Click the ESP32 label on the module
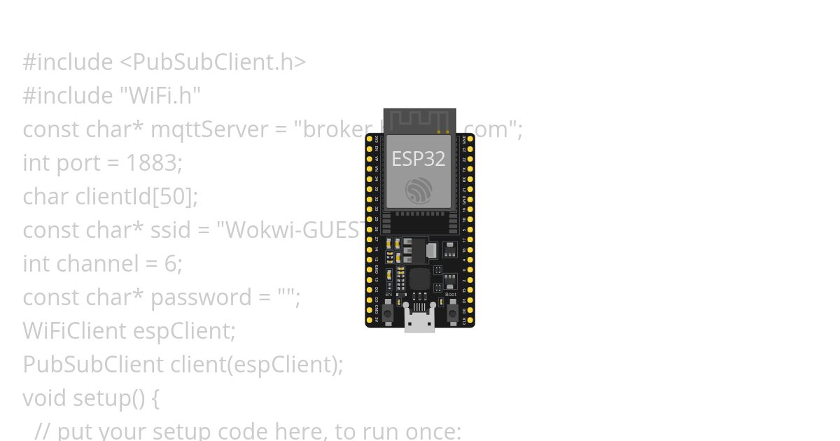(x=418, y=159)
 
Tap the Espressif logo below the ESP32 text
(x=419, y=190)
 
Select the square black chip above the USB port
(x=419, y=279)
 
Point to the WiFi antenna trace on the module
(x=419, y=120)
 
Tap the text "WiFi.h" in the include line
(x=164, y=96)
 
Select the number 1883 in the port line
(x=150, y=163)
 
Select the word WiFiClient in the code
(x=74, y=331)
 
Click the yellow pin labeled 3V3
(x=370, y=139)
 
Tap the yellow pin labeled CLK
(x=470, y=321)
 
